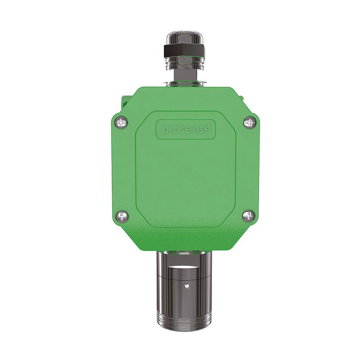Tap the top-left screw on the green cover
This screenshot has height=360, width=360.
pos(121,122)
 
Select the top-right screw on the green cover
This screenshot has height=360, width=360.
pos(249,122)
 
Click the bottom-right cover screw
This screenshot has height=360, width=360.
pos(249,216)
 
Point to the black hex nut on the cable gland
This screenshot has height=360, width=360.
pos(184,50)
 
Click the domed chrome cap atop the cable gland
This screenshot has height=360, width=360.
pos(184,36)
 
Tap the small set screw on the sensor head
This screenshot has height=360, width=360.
pos(186,285)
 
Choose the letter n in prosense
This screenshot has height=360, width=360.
pos(192,130)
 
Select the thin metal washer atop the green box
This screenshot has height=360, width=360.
pos(184,84)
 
